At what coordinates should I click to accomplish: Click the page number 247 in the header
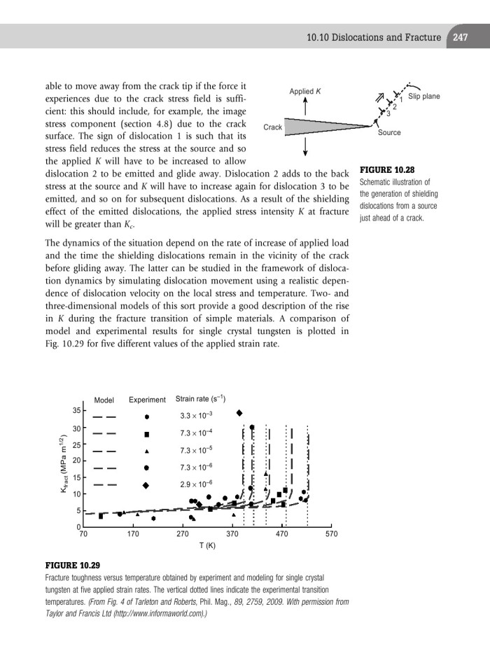460,37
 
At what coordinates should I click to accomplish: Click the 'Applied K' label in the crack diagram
305,91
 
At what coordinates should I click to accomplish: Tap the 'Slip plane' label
424,96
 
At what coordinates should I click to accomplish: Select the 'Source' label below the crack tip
389,133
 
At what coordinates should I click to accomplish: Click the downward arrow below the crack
305,148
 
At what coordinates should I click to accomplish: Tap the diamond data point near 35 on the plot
239,413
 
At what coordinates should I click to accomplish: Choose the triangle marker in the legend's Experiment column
146,450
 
